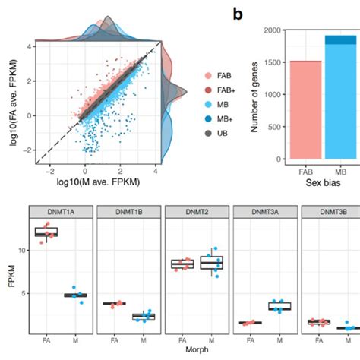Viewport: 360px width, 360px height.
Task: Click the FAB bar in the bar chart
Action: click(300, 110)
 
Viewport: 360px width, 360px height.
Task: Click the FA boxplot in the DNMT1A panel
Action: click(47, 232)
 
